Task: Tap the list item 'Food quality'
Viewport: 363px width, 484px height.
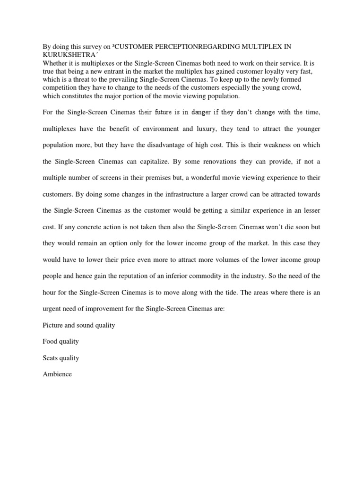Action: click(60, 341)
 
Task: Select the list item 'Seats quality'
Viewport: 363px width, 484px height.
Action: click(60, 358)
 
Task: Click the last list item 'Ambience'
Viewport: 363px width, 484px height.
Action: click(57, 374)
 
